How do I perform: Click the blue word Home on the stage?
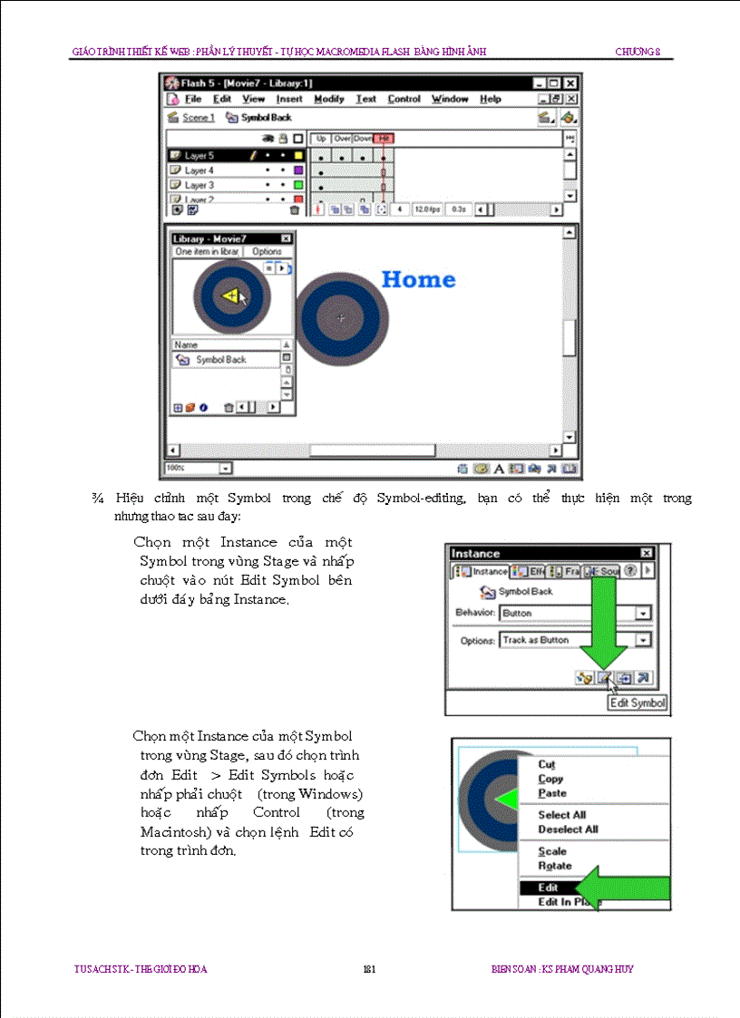pos(418,279)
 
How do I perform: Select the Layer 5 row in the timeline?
pos(200,156)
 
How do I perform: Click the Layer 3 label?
pos(200,185)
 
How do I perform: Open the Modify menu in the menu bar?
pos(329,99)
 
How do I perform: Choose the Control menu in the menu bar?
pos(404,99)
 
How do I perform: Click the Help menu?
pos(491,99)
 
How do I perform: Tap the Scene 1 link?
pos(198,118)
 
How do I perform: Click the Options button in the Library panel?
pos(267,251)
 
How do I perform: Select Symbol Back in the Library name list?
pos(220,360)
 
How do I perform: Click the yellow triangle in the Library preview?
pos(230,296)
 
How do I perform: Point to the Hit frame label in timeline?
pos(385,138)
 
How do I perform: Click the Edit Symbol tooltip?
pos(638,703)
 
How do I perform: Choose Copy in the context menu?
pos(550,779)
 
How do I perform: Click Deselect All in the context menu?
pos(568,829)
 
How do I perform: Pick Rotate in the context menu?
pos(555,866)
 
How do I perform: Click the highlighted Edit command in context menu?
pos(548,888)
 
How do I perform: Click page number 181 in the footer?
pos(369,969)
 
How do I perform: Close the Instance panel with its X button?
pos(646,553)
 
